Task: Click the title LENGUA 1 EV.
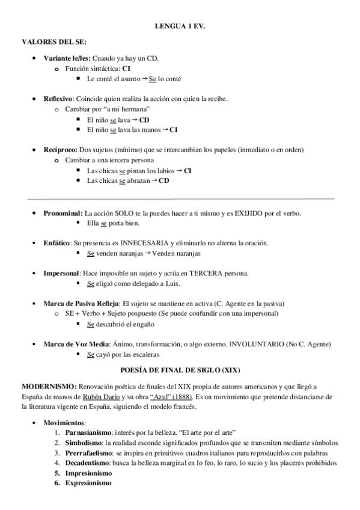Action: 180,27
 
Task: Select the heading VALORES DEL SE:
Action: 53,41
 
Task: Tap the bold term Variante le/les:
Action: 67,58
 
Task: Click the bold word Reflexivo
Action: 58,99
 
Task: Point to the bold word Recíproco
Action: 59,149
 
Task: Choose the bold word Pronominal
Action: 63,213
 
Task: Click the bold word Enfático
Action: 56,243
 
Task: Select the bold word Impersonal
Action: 61,273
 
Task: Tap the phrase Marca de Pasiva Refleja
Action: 81,303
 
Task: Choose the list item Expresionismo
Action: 88,482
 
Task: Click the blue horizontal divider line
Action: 180,198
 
